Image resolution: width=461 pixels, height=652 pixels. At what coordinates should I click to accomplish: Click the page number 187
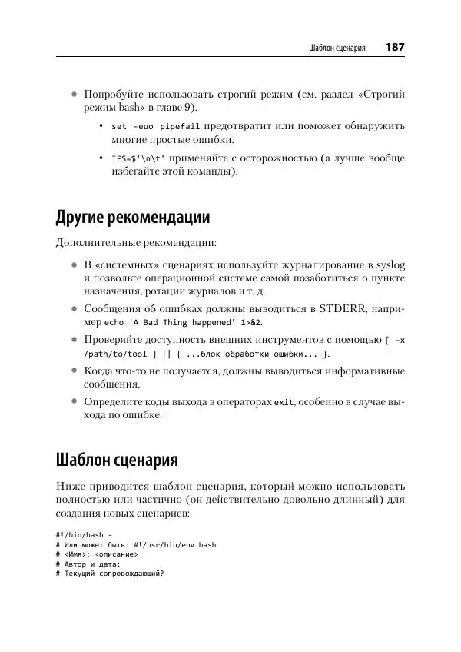pyautogui.click(x=395, y=47)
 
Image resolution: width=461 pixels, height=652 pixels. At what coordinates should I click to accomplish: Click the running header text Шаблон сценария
pyautogui.click(x=337, y=48)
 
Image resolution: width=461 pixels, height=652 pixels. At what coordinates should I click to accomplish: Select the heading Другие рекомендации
pyautogui.click(x=133, y=216)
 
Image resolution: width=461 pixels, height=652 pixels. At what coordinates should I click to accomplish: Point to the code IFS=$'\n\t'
pyautogui.click(x=138, y=158)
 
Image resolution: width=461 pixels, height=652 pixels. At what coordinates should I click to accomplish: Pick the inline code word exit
pyautogui.click(x=284, y=402)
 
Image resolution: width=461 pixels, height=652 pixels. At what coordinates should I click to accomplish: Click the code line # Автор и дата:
pyautogui.click(x=88, y=564)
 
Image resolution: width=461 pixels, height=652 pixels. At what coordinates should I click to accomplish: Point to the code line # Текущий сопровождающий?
pyautogui.click(x=110, y=574)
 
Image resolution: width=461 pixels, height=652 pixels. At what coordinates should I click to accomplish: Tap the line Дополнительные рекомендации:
pyautogui.click(x=136, y=244)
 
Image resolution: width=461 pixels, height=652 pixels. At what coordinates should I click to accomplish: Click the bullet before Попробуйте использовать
pyautogui.click(x=74, y=94)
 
